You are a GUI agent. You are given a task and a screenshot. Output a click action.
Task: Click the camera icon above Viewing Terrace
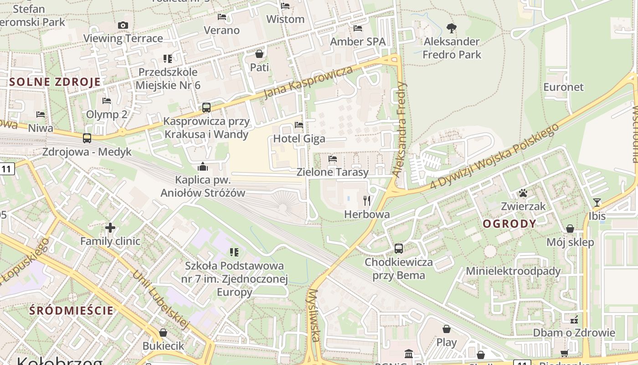123,25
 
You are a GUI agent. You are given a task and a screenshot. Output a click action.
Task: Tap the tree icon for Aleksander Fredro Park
452,28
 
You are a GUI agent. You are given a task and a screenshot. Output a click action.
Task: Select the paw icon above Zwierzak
523,193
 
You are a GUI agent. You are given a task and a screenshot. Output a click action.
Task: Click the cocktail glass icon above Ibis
597,202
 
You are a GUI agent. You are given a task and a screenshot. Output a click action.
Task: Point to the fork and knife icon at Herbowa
367,200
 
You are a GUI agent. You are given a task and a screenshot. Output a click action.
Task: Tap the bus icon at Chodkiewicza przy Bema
399,249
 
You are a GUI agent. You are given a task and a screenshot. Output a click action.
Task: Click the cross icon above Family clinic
110,227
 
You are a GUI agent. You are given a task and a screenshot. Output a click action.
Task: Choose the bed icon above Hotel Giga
299,125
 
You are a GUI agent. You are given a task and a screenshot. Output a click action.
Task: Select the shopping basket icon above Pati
259,54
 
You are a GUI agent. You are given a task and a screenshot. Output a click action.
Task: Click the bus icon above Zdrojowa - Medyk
87,138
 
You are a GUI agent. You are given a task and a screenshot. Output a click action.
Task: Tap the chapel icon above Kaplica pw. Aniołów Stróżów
203,167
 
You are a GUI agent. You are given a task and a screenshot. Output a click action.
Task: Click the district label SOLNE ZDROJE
55,82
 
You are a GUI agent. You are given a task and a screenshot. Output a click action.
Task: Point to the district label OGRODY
509,224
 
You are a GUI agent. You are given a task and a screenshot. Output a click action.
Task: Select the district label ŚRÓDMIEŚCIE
71,311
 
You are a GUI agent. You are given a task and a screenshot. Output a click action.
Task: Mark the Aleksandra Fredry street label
400,129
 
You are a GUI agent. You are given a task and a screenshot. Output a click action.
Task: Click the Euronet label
563,87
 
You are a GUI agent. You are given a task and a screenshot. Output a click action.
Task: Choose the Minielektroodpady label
513,271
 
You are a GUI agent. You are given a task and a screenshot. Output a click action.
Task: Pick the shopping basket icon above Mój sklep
570,229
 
